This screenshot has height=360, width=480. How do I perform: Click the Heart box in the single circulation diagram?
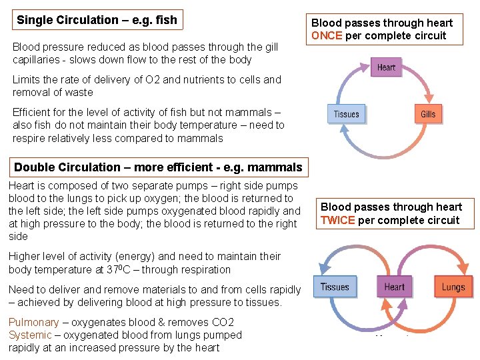point(386,67)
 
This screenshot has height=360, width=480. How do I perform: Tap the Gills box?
point(428,114)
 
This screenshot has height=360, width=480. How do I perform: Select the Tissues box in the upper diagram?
point(346,114)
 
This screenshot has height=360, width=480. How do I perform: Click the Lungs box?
point(453,287)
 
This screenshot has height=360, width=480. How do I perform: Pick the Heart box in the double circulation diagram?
point(394,287)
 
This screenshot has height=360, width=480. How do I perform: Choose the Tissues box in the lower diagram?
point(335,287)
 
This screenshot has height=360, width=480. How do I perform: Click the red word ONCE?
point(327,36)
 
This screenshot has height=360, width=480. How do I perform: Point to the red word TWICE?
point(337,220)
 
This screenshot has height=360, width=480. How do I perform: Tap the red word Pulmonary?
point(34,323)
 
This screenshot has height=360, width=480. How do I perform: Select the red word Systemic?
point(30,335)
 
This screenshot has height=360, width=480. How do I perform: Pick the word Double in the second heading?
point(34,167)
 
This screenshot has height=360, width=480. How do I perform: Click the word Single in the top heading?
point(35,20)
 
